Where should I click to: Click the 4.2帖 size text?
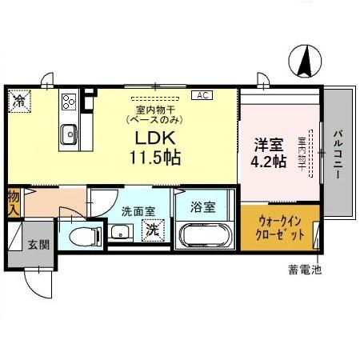click(270, 162)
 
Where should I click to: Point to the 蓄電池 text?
click(304, 270)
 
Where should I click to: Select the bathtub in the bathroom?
click(203, 236)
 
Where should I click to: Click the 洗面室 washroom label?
click(138, 212)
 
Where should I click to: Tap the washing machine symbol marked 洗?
click(150, 230)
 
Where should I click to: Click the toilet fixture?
click(84, 235)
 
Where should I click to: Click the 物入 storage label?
click(14, 202)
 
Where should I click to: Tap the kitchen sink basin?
click(68, 134)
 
